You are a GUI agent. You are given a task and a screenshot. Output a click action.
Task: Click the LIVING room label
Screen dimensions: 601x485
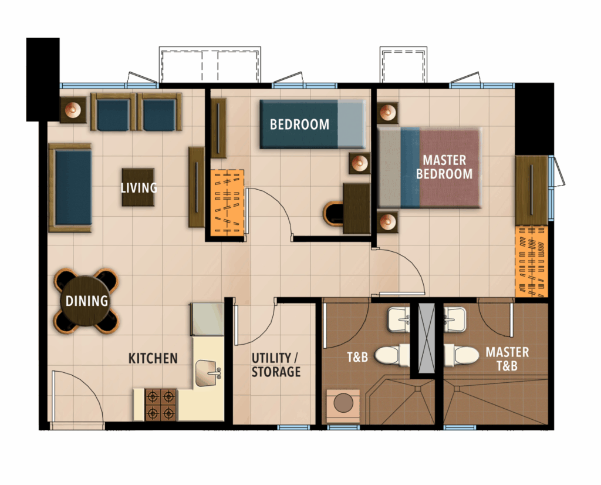pyautogui.click(x=139, y=187)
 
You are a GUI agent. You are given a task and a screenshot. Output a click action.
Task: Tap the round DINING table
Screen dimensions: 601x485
pyautogui.click(x=86, y=301)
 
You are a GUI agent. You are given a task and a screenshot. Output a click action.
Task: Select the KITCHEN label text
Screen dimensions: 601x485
pyautogui.click(x=153, y=359)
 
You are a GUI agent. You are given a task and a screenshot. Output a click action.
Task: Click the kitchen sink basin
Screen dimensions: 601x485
pyautogui.click(x=208, y=373)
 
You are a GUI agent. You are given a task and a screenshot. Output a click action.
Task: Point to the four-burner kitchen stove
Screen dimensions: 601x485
pyautogui.click(x=161, y=405)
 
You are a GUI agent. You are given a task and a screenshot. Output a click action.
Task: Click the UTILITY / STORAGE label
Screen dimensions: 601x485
pyautogui.click(x=276, y=365)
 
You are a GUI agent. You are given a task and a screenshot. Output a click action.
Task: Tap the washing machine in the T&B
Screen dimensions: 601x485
pyautogui.click(x=343, y=406)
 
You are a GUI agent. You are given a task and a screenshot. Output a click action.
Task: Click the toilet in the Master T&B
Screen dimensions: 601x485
pyautogui.click(x=461, y=355)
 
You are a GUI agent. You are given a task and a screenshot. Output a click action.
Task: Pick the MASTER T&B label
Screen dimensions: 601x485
pyautogui.click(x=507, y=359)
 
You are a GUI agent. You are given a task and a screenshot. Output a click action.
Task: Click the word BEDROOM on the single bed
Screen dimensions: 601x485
pyautogui.click(x=299, y=124)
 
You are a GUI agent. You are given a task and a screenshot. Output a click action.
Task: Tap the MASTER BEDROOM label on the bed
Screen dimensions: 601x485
pyautogui.click(x=445, y=167)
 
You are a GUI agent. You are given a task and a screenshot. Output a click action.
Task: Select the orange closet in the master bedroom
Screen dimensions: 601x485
pyautogui.click(x=531, y=261)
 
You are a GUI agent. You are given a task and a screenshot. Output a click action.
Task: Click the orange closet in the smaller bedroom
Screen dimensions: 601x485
pyautogui.click(x=227, y=203)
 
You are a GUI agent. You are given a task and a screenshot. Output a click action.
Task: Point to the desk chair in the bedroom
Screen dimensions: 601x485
pyautogui.click(x=333, y=214)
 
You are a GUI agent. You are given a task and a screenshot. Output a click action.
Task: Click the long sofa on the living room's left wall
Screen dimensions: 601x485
pyautogui.click(x=70, y=187)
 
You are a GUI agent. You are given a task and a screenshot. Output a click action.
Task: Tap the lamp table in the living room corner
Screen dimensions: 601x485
pyautogui.click(x=73, y=110)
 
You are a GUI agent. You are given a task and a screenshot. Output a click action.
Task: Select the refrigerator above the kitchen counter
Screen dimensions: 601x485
pyautogui.click(x=207, y=319)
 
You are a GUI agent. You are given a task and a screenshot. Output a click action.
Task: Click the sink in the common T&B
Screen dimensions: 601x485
pyautogui.click(x=399, y=319)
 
